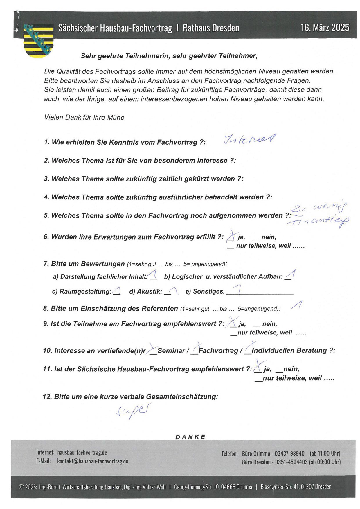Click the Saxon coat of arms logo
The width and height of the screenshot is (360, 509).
pyautogui.click(x=38, y=41)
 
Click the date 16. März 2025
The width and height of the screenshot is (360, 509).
pyautogui.click(x=325, y=28)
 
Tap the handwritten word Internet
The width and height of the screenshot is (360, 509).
pyautogui.click(x=249, y=140)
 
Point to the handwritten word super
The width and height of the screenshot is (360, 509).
pyautogui.click(x=134, y=410)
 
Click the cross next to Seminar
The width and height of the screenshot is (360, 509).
pyautogui.click(x=153, y=350)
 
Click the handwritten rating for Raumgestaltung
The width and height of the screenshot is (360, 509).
pyautogui.click(x=117, y=291)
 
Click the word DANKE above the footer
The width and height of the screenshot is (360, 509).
pyautogui.click(x=190, y=437)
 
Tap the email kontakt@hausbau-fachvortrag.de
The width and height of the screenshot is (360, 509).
pyautogui.click(x=93, y=461)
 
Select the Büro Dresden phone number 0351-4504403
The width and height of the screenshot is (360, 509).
pyautogui.click(x=291, y=462)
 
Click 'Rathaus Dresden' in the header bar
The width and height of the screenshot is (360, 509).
pyautogui.click(x=211, y=28)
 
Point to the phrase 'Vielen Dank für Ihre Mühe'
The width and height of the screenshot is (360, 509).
pyautogui.click(x=84, y=117)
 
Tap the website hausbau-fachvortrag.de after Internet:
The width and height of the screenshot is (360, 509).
pyautogui.click(x=82, y=452)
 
